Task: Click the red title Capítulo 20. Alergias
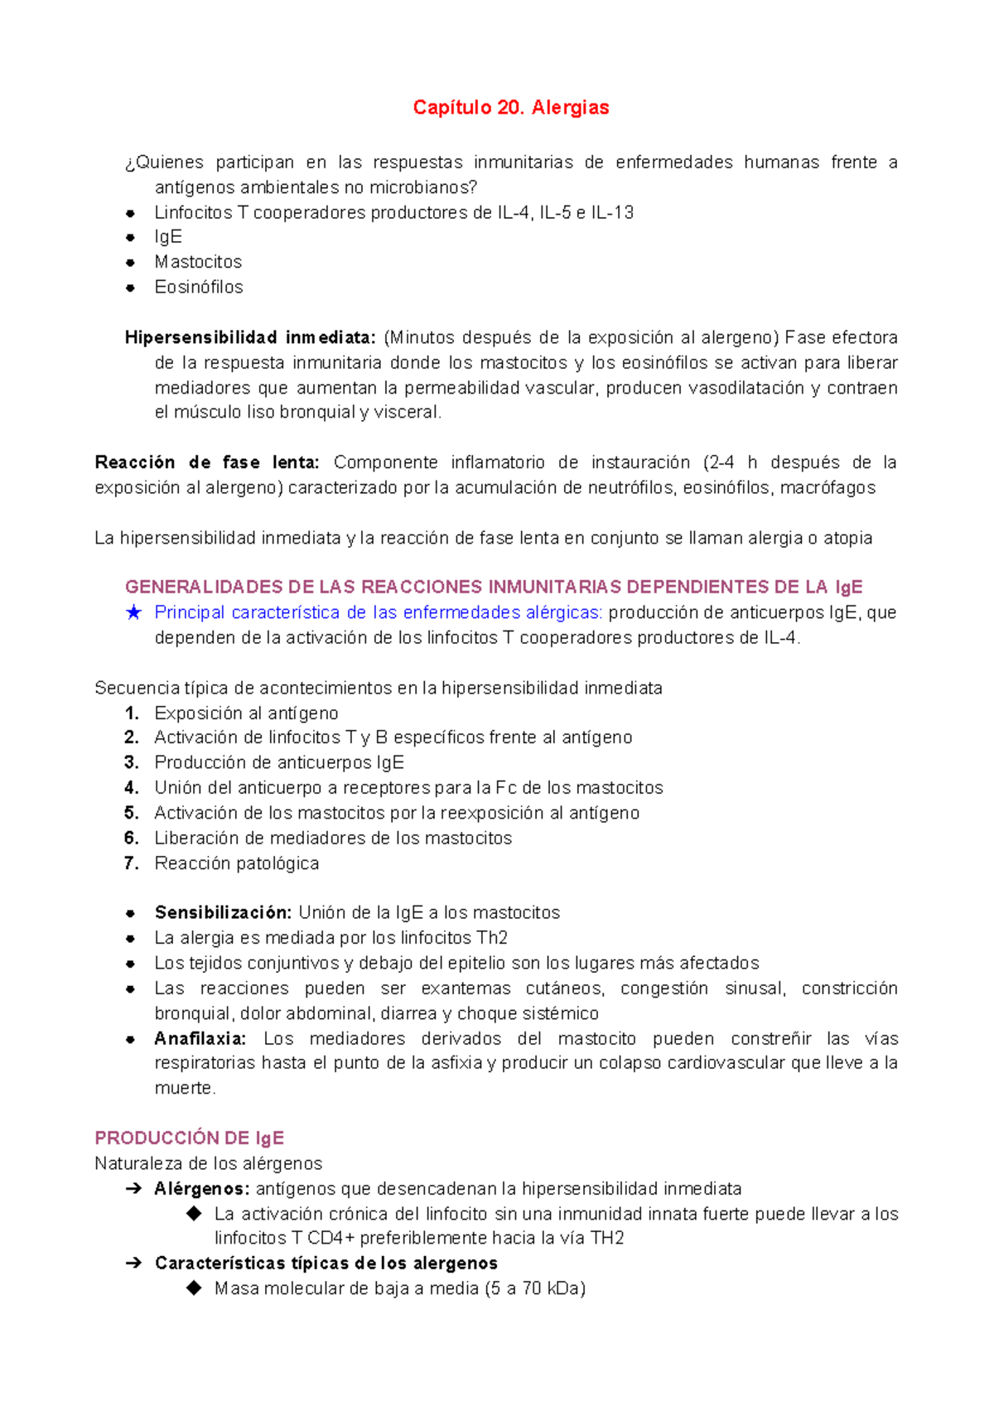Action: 511,108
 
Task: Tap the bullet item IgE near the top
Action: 168,237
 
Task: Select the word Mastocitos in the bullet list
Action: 198,262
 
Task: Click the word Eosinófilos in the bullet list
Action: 199,287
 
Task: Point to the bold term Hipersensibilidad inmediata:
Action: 250,337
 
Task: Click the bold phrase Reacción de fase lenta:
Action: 207,462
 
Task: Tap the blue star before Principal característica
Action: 133,613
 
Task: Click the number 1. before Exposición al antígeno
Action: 132,713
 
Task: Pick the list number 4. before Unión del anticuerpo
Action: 132,788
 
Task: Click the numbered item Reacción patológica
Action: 237,863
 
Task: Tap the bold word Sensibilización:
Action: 223,913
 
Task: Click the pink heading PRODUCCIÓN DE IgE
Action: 190,1138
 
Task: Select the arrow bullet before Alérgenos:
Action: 133,1189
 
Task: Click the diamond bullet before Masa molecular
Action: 194,1288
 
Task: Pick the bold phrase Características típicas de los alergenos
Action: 326,1263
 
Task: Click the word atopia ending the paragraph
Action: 847,539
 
